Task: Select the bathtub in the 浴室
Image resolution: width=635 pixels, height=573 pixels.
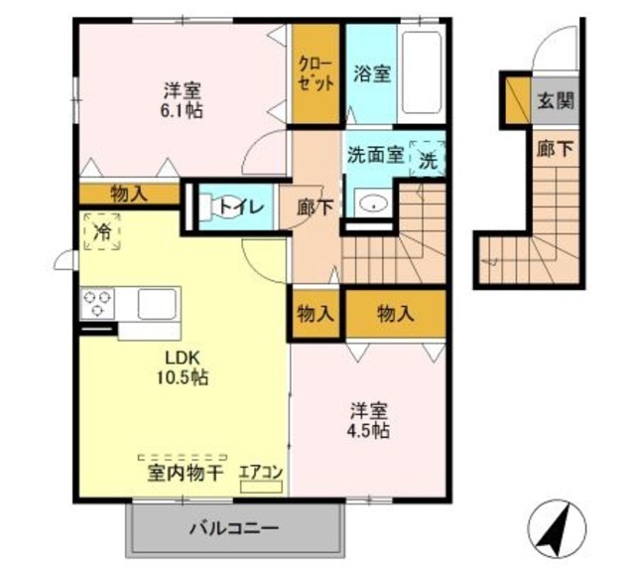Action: point(421,72)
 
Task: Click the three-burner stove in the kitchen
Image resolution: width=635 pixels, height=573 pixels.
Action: point(97,304)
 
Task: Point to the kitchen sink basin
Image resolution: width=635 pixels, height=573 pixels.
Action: point(157,304)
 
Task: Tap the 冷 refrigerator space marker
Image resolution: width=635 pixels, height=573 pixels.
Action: point(102,231)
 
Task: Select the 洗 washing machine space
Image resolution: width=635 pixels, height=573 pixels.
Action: point(428,159)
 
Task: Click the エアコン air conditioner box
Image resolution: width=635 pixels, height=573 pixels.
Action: point(261,487)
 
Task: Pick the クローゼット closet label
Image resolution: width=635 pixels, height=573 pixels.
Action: point(316,74)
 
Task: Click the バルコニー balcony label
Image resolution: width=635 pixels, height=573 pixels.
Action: point(234,528)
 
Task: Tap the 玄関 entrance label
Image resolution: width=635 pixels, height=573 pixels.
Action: point(556,100)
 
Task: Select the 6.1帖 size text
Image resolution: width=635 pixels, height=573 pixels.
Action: point(182,110)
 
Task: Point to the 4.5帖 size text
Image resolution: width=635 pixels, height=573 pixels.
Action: point(368,431)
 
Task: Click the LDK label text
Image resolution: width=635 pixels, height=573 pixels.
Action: point(183,358)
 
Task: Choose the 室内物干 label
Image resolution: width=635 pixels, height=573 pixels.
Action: point(186,474)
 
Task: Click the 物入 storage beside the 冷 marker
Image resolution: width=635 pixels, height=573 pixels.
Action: point(129,194)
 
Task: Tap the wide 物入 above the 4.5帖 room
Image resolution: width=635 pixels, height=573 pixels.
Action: point(396,313)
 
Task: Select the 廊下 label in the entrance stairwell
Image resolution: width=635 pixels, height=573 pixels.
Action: point(556,150)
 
